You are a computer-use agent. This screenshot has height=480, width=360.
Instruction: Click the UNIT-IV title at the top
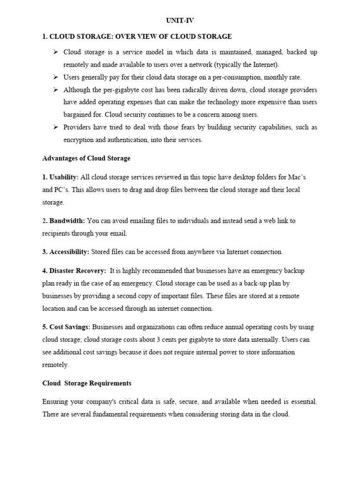(180, 21)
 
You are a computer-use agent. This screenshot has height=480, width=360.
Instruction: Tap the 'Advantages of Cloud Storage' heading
(86, 158)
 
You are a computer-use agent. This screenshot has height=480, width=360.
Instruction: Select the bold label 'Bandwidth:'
(67, 220)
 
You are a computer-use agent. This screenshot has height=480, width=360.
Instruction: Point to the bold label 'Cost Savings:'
(66, 327)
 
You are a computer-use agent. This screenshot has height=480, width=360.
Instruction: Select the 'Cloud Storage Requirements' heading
(87, 383)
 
